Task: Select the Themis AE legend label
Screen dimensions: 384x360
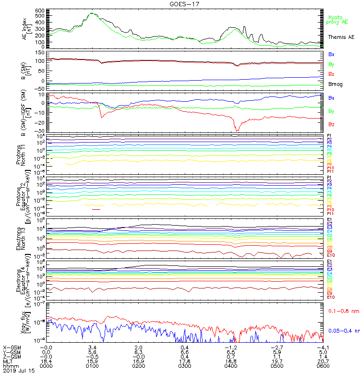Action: tap(341, 37)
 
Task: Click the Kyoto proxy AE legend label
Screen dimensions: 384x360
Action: tap(338, 19)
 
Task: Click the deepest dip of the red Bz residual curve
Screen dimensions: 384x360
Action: tap(237, 131)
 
